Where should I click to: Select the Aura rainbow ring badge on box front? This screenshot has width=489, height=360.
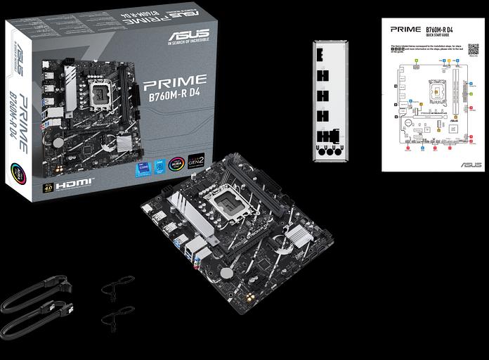click(x=176, y=165)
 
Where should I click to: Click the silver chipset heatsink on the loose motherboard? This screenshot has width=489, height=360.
click(x=299, y=237)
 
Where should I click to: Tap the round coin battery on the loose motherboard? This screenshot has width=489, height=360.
click(x=227, y=273)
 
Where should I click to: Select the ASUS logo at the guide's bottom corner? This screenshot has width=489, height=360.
click(x=471, y=165)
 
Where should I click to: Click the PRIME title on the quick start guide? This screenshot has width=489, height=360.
click(x=405, y=30)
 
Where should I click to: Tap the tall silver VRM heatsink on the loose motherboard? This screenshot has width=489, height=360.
click(x=181, y=210)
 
